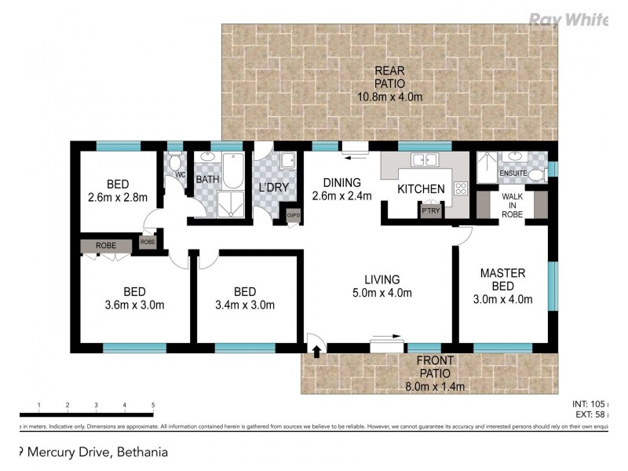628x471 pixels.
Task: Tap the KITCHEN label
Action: tap(421, 189)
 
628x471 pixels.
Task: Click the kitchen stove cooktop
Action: tap(461, 188)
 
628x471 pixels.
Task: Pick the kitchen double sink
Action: tap(425, 160)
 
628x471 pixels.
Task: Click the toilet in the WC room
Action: tap(174, 163)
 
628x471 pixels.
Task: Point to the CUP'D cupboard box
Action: tap(294, 215)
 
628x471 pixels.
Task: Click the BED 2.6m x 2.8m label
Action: tap(118, 191)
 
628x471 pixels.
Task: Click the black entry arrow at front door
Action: tap(316, 351)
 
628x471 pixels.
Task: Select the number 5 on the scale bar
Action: tap(152, 406)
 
